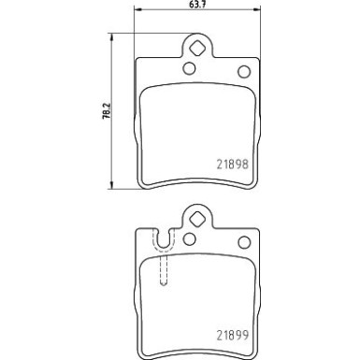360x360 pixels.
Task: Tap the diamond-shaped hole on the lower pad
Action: (x=197, y=220)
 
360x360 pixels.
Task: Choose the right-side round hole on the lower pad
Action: (x=244, y=242)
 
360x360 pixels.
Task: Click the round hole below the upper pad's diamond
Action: (x=188, y=68)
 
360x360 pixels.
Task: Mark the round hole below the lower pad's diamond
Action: (x=187, y=239)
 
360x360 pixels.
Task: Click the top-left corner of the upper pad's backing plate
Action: (x=138, y=59)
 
